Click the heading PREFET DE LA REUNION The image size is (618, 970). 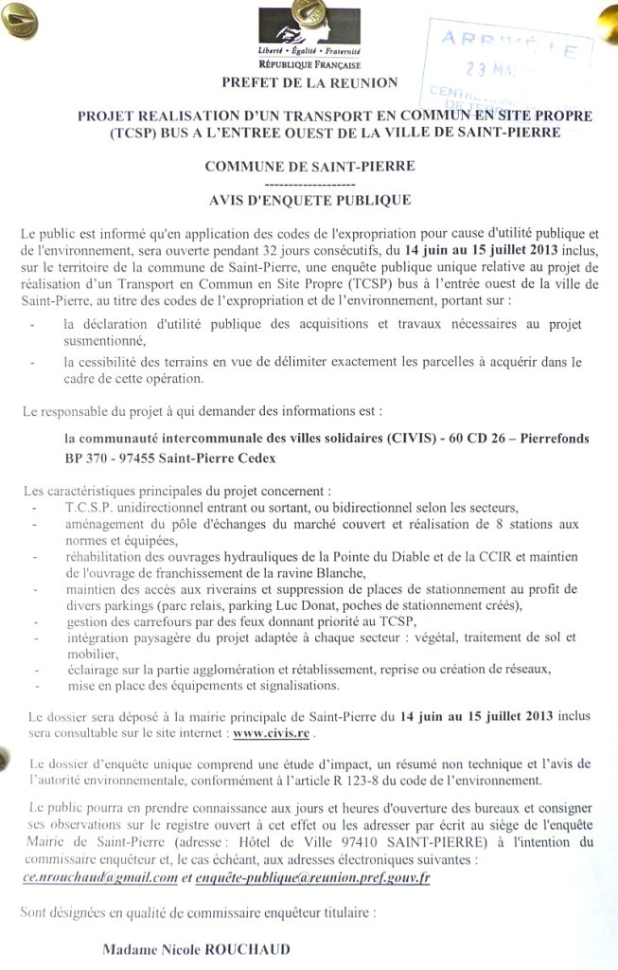[x=309, y=82]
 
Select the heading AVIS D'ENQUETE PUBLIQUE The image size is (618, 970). [x=309, y=200]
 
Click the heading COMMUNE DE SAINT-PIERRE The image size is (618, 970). [x=309, y=166]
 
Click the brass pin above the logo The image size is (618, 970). [x=307, y=10]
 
